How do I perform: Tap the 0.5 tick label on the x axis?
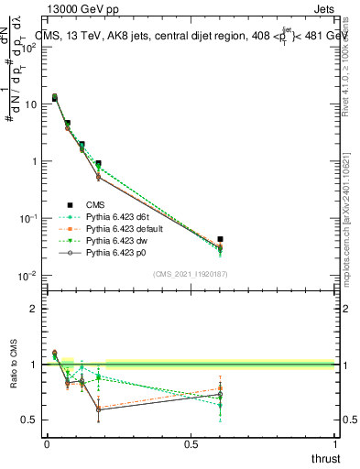coord(191,444)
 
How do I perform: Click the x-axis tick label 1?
coord(334,444)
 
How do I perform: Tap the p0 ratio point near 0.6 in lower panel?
coord(219,395)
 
